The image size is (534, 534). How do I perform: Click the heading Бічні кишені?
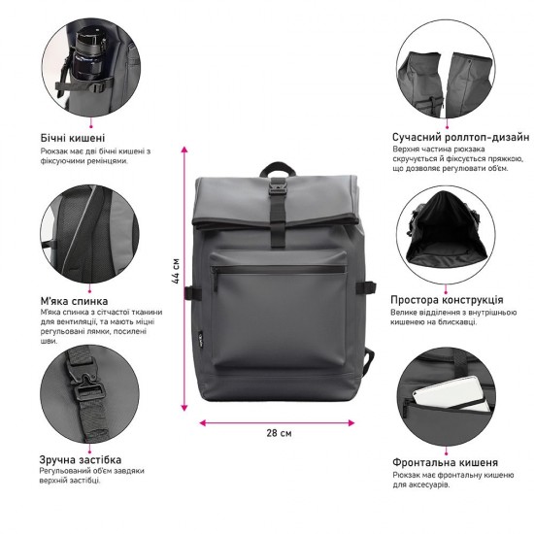coord(73,138)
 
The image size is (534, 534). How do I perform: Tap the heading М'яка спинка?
coord(74,300)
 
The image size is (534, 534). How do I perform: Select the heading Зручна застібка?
coord(81,457)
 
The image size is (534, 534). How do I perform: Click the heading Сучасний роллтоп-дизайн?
coord(460,138)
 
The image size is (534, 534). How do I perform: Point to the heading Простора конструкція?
coord(447,300)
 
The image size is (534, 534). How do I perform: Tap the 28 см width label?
coord(279,433)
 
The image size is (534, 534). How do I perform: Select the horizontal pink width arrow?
coord(277,422)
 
